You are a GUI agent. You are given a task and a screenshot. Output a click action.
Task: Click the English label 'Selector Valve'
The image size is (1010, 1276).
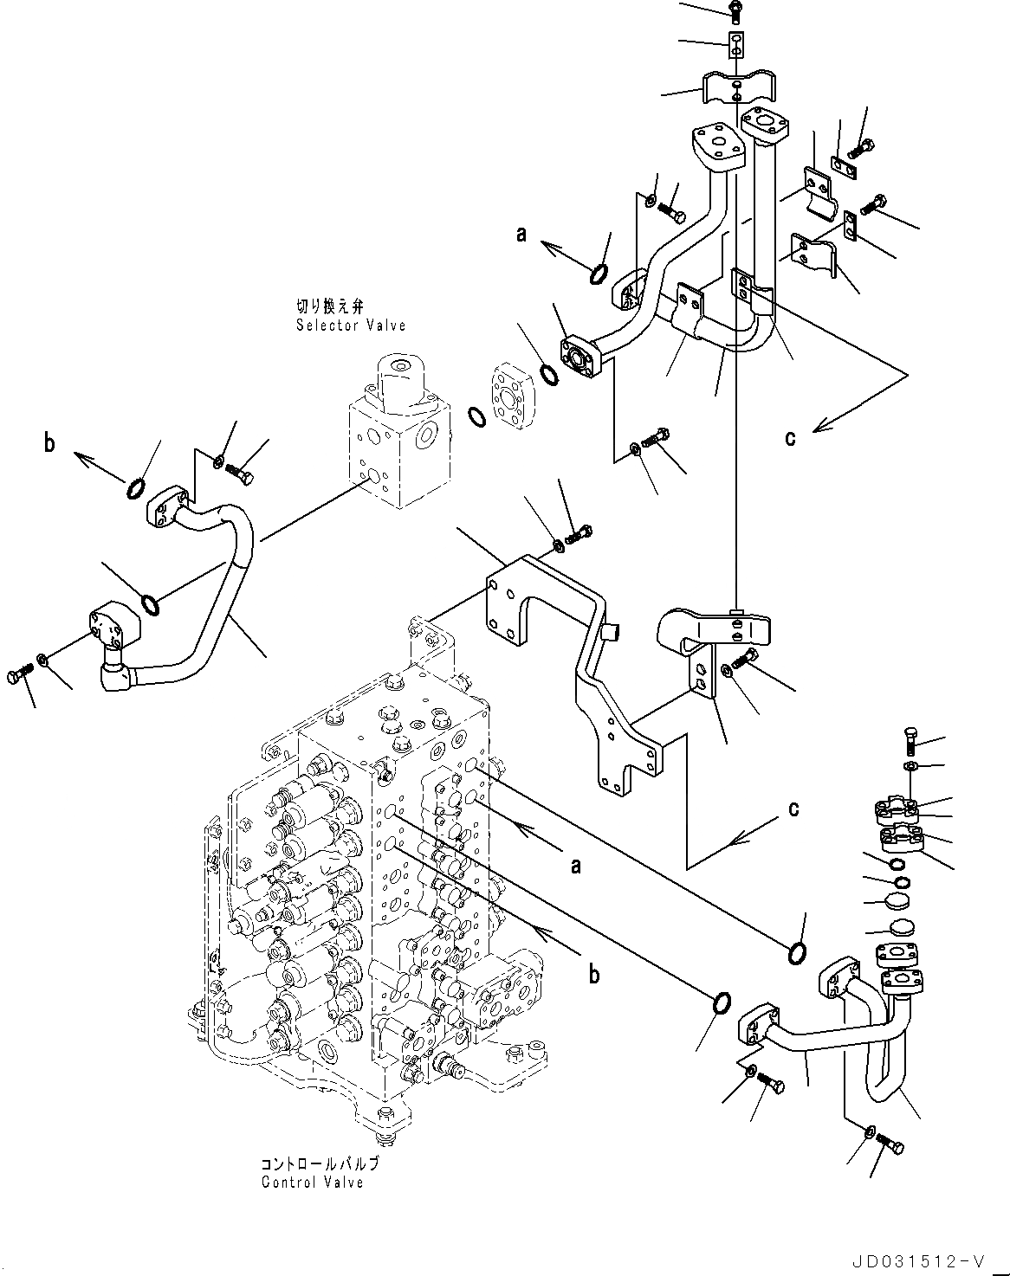click(351, 325)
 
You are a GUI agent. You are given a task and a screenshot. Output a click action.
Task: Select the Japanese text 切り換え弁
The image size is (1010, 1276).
click(330, 306)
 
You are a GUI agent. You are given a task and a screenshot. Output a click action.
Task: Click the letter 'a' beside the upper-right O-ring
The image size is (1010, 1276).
click(521, 235)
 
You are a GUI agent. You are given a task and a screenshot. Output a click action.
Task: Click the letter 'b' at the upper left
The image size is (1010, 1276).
click(49, 442)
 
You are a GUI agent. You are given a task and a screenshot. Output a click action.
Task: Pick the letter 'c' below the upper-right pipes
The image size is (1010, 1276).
click(790, 438)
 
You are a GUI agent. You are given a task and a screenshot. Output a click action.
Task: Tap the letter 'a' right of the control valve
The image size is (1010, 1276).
click(576, 867)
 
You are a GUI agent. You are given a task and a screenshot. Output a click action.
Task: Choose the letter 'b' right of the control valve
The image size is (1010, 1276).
click(594, 975)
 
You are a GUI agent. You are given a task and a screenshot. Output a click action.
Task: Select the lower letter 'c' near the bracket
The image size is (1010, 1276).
click(793, 809)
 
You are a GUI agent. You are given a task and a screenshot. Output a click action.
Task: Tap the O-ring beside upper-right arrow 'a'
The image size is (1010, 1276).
click(599, 274)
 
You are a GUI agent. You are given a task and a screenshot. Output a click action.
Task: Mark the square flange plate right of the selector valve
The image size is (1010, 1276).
click(513, 395)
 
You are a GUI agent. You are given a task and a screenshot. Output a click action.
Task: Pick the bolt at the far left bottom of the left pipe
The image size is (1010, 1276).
click(20, 674)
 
